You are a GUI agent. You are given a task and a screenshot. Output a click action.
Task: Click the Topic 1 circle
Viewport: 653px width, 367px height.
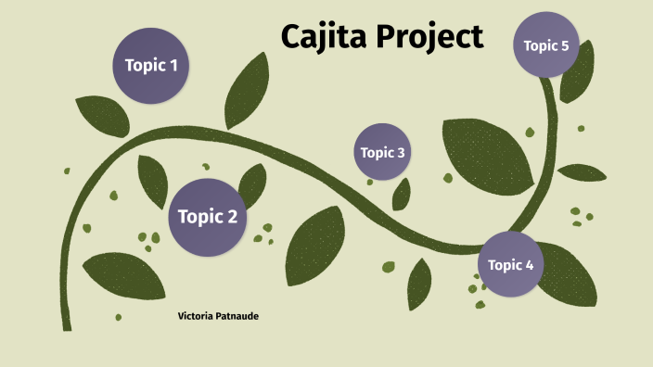click(150, 66)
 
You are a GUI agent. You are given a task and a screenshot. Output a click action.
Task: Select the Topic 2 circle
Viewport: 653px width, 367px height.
click(207, 218)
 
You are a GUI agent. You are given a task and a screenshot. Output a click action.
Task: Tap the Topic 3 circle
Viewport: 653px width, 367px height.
click(381, 152)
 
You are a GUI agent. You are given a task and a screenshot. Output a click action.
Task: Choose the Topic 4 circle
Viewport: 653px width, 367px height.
click(510, 265)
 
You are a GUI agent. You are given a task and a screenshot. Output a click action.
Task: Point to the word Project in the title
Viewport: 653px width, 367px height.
click(433, 38)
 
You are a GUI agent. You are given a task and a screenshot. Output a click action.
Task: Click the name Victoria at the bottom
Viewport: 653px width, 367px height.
click(197, 316)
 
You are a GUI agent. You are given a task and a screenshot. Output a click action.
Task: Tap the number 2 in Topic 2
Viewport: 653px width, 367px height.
click(232, 218)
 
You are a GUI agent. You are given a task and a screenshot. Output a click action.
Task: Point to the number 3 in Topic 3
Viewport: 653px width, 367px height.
click(401, 152)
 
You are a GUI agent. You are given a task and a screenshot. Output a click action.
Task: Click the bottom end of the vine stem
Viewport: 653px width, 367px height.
click(66, 324)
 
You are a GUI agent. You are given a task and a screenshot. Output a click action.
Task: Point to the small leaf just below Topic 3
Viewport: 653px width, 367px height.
click(402, 194)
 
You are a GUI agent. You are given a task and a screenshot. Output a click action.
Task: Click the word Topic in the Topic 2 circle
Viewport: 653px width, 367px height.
click(198, 218)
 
